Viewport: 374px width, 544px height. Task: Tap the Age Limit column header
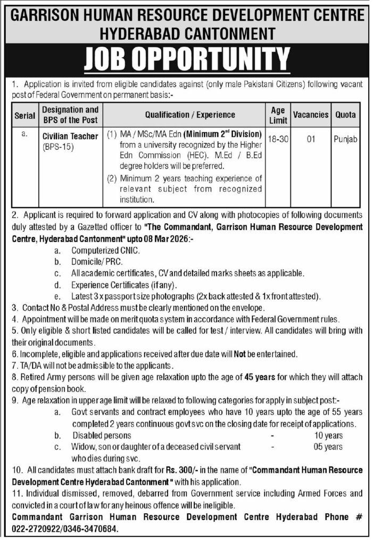click(278, 114)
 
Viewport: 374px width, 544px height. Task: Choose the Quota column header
click(345, 114)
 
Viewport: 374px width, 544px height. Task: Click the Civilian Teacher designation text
click(70, 136)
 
